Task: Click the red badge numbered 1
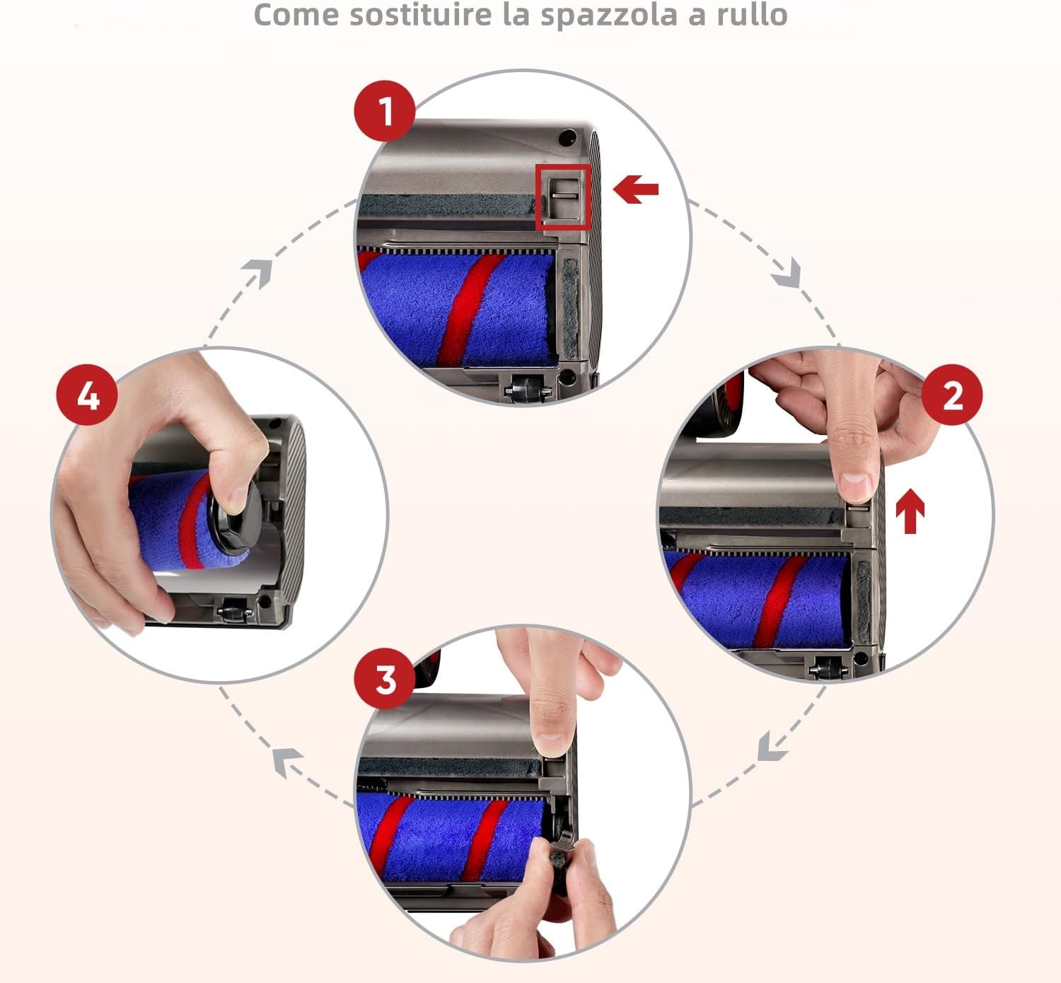384,111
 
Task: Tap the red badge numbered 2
952,395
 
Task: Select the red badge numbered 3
384,679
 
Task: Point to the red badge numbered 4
87,395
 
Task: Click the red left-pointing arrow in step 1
636,190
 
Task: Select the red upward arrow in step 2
910,513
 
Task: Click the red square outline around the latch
562,197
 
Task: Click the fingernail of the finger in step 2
856,487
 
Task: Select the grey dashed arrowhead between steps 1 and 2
787,274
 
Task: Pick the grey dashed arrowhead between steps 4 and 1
258,273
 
